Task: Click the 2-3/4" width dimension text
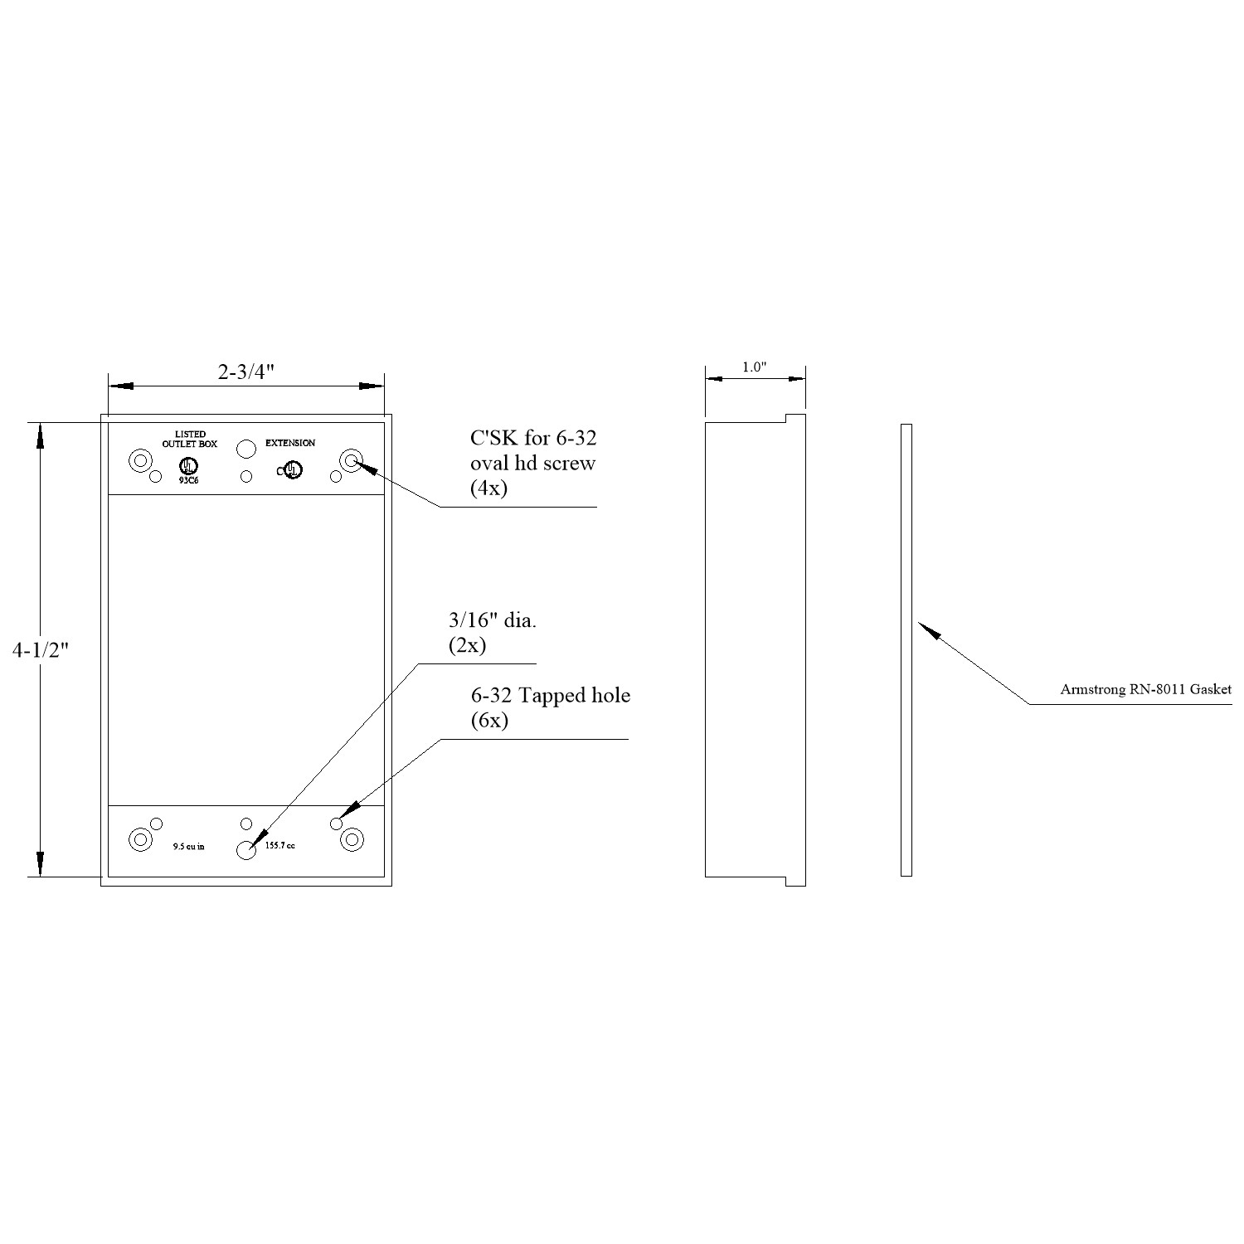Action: click(246, 372)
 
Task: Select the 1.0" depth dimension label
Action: click(754, 367)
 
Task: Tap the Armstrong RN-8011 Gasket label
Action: click(1145, 689)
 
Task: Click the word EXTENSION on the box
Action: click(290, 444)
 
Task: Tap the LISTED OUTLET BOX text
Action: click(190, 440)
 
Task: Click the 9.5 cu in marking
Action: click(188, 847)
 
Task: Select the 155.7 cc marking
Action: click(279, 846)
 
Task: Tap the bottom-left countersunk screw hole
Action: click(141, 840)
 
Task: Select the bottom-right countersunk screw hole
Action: click(352, 840)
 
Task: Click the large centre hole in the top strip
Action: click(246, 449)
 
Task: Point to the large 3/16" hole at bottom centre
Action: click(246, 850)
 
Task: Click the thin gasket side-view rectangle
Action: click(906, 650)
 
